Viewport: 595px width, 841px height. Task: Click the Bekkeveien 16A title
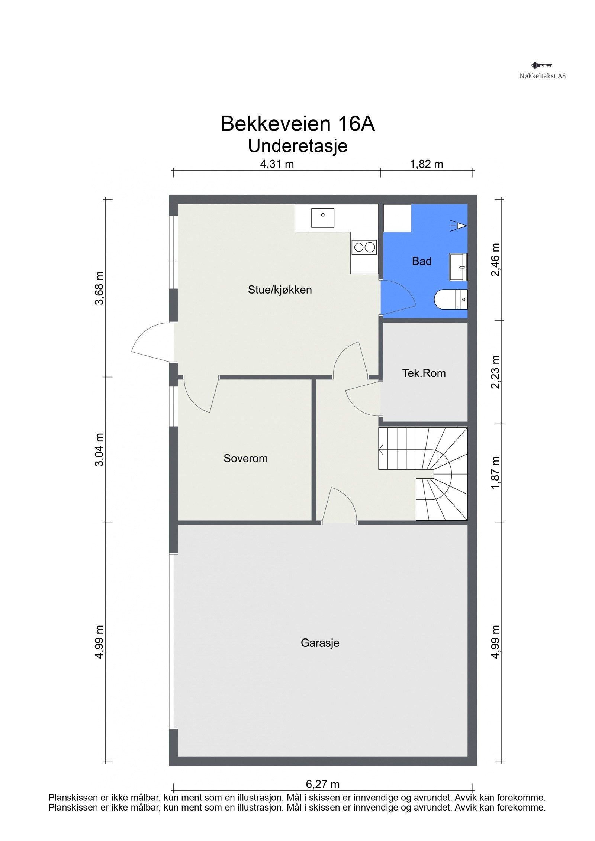click(x=297, y=124)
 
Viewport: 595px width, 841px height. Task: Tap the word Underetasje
click(x=297, y=146)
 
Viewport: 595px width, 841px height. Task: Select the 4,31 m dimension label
click(x=277, y=164)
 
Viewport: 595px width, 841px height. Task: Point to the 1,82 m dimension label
click(x=427, y=164)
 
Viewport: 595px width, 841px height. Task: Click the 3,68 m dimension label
click(x=99, y=288)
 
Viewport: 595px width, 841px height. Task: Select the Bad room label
click(x=422, y=261)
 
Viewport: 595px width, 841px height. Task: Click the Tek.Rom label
click(x=424, y=373)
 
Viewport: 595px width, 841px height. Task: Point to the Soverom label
click(x=245, y=458)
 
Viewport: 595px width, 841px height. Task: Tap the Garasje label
click(x=320, y=643)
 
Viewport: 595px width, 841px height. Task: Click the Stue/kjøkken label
click(x=280, y=290)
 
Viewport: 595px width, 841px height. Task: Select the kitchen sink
click(x=322, y=218)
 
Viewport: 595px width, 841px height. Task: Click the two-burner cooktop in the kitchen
click(x=364, y=247)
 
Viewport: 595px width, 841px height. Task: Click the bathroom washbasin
click(x=458, y=267)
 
